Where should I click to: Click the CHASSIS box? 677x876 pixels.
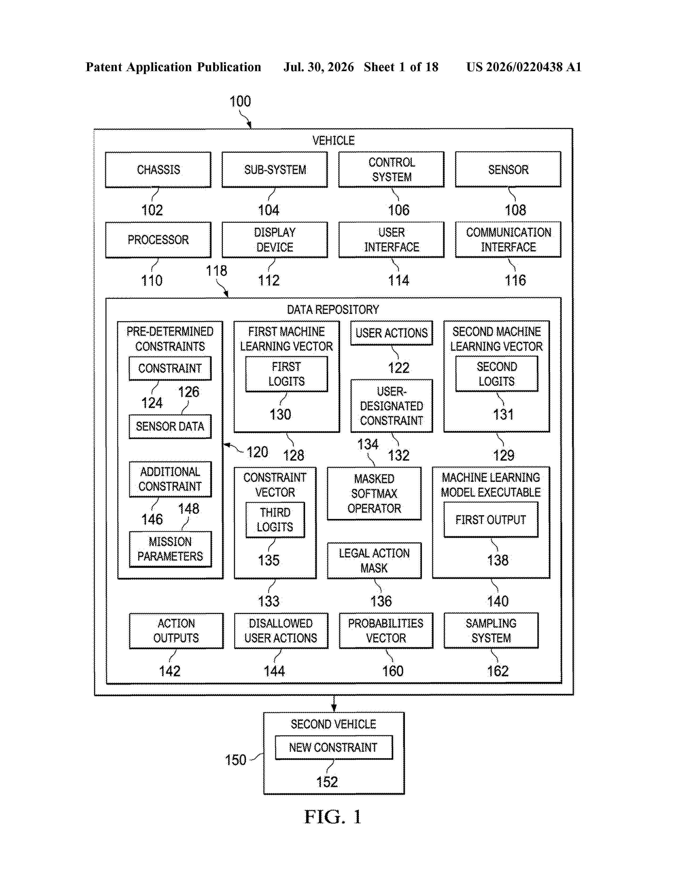(158, 170)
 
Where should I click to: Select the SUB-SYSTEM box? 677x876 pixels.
(275, 170)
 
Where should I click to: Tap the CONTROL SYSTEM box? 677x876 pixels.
(391, 169)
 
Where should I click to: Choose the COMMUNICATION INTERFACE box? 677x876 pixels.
(508, 239)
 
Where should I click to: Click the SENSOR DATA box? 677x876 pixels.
(170, 426)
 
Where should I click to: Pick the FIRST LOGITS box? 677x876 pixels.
(286, 374)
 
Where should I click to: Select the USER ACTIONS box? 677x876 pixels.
(391, 333)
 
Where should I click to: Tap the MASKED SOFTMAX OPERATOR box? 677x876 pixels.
(374, 493)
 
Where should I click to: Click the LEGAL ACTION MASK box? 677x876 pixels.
(374, 561)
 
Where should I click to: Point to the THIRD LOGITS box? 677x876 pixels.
(275, 520)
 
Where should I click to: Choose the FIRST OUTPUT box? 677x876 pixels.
(491, 520)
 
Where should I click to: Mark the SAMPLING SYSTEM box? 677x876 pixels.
(491, 630)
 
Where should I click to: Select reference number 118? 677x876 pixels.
(217, 271)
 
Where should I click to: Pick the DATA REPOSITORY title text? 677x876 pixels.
(333, 310)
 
